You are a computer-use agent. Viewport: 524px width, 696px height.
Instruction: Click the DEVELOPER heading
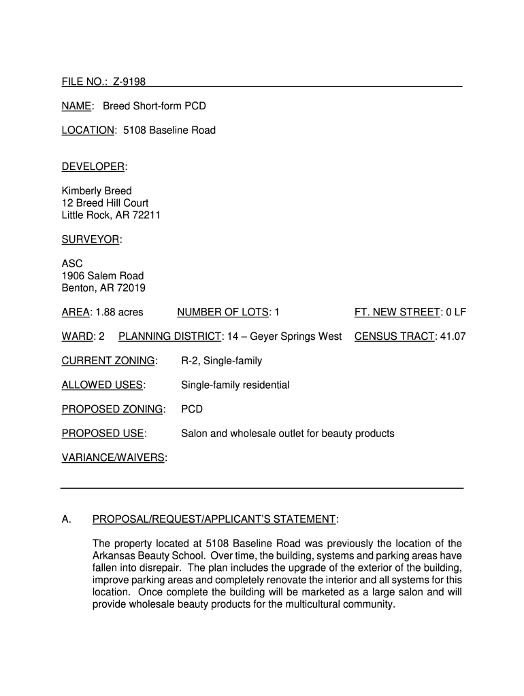[x=93, y=167]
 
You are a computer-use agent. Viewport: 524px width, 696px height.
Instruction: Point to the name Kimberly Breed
[x=97, y=191]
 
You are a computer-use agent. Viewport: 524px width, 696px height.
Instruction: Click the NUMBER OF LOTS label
[x=223, y=312]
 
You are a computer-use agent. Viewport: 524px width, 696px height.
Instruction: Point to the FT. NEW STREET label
[x=397, y=312]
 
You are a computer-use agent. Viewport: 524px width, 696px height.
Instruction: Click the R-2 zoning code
[x=191, y=361]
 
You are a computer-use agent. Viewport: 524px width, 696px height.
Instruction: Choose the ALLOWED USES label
[x=102, y=385]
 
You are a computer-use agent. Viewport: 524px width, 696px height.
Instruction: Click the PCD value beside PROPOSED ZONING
[x=191, y=409]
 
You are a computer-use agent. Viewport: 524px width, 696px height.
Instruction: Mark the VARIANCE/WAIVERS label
[x=113, y=458]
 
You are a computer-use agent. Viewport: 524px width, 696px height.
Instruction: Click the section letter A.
[x=66, y=520]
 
